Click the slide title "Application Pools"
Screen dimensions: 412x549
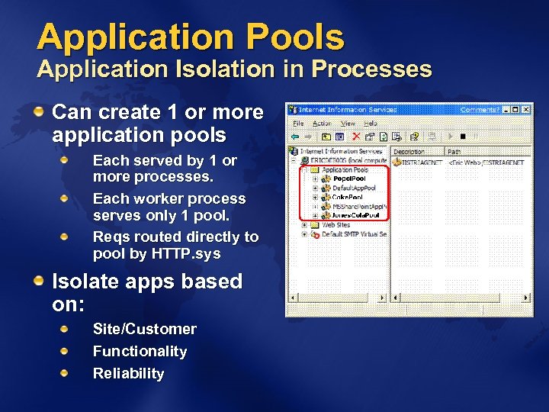coord(191,37)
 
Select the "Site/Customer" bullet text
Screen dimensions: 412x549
coord(144,329)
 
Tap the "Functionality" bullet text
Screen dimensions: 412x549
coord(140,351)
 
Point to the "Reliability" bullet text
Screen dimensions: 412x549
coord(128,373)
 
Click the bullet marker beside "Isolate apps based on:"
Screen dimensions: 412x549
coord(38,282)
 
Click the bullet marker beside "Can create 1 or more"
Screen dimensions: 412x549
coord(38,112)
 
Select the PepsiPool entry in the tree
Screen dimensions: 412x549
coord(348,179)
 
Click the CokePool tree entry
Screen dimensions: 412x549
coord(347,197)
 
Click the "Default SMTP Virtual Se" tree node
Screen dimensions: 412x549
coord(354,234)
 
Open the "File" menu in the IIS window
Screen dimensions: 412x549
coord(298,123)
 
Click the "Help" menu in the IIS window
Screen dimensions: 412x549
coord(371,123)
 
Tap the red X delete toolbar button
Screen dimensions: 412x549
coord(355,137)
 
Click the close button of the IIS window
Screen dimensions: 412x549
coord(527,110)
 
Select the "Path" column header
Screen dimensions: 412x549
coord(454,152)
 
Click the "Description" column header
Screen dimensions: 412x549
coord(409,152)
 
